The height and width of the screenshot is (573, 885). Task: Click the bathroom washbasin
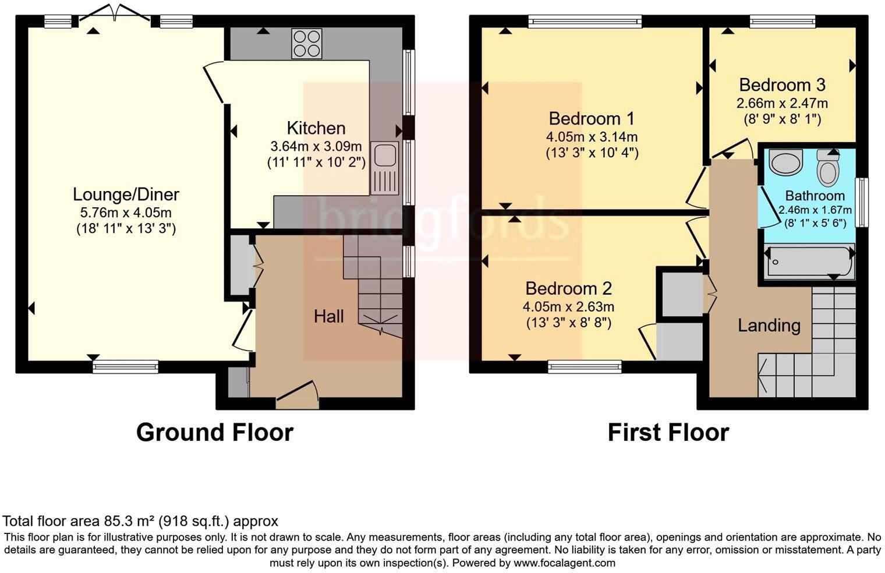tap(785, 161)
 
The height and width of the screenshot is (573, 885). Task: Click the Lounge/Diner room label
tap(126, 194)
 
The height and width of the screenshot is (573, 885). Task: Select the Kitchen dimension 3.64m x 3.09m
tap(316, 146)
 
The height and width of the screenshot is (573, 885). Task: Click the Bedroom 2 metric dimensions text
tap(568, 306)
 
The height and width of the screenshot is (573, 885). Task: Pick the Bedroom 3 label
tap(782, 85)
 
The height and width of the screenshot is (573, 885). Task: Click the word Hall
tap(329, 316)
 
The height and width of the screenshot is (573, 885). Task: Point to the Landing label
tap(769, 325)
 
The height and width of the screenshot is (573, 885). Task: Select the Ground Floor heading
tap(214, 433)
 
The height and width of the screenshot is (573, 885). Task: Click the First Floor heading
tap(668, 433)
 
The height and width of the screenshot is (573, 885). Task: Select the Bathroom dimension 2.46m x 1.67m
tap(815, 210)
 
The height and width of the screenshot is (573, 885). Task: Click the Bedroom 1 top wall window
tap(585, 22)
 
